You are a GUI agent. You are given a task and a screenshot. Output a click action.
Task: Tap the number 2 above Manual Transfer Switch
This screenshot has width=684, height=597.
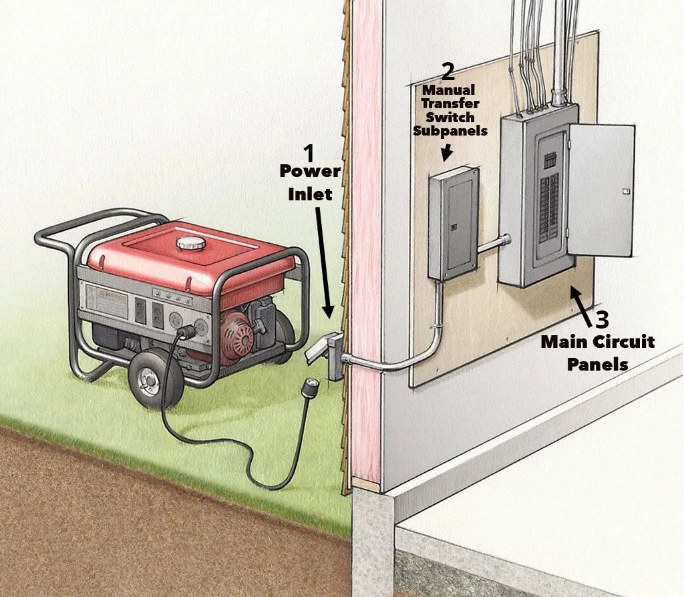(449, 71)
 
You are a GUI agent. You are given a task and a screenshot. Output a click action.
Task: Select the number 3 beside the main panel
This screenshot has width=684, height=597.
(603, 318)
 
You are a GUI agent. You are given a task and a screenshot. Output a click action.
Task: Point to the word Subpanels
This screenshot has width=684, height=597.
(450, 131)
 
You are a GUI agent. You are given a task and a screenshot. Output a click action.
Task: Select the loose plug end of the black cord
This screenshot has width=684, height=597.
(309, 388)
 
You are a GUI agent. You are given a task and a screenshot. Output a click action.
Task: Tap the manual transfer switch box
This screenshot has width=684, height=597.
(453, 223)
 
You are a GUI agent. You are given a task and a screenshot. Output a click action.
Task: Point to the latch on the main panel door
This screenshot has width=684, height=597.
(626, 192)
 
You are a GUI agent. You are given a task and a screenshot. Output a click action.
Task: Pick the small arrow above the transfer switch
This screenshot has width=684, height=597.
(447, 152)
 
